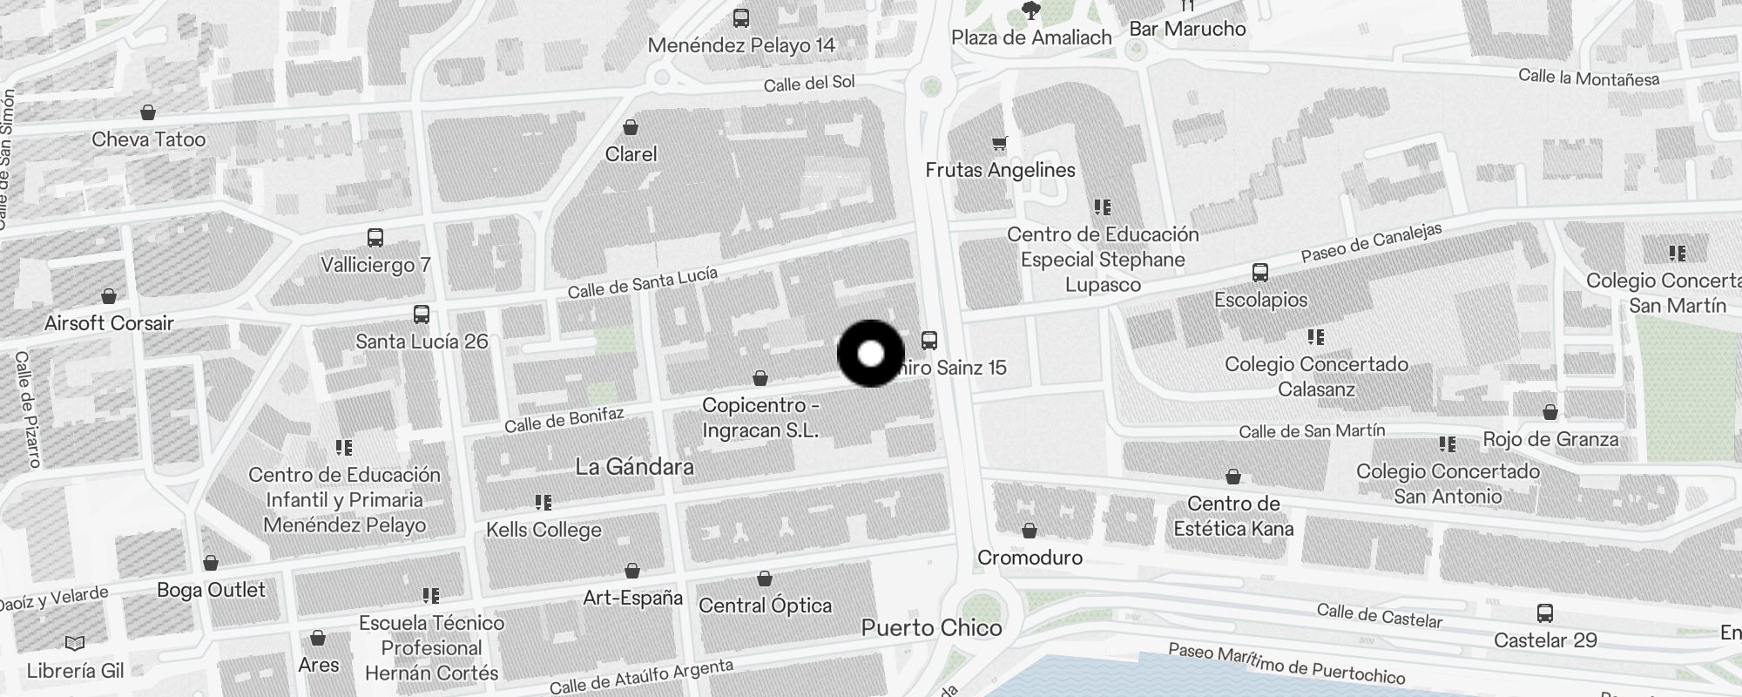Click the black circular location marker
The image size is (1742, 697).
click(870, 354)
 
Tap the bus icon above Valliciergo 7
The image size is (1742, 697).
click(375, 237)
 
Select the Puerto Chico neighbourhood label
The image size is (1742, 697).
click(931, 627)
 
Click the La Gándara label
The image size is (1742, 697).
click(634, 467)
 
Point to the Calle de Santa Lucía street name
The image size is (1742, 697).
click(642, 282)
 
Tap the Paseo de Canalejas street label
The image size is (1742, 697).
click(1371, 241)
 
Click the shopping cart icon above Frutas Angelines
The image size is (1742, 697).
click(999, 144)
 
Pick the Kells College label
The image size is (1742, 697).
click(544, 530)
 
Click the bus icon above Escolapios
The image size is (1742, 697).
click(1259, 273)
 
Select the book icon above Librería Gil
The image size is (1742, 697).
click(75, 644)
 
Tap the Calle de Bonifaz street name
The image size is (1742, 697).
click(564, 419)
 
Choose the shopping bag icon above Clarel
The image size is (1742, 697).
click(631, 128)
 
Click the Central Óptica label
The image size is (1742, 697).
click(765, 606)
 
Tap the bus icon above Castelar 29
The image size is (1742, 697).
click(1544, 613)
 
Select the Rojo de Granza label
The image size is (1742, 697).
click(1550, 439)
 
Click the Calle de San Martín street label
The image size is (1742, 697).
click(1311, 431)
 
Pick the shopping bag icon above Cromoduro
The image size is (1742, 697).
click(1030, 531)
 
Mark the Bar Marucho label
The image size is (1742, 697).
click(1187, 29)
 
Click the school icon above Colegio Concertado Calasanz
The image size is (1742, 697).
click(1315, 337)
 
